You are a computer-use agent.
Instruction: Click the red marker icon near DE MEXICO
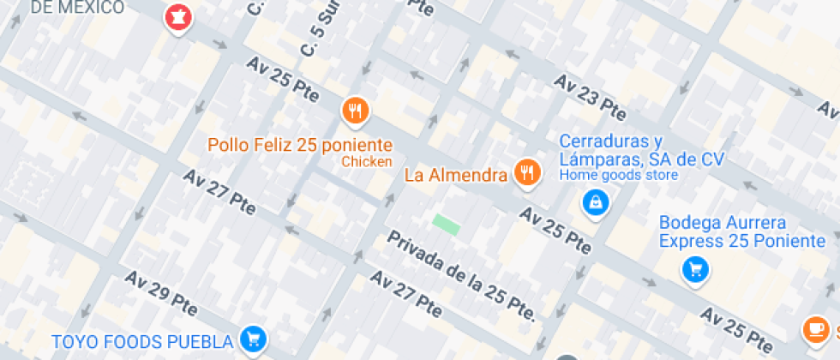point(178,17)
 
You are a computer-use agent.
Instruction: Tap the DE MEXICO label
point(77,8)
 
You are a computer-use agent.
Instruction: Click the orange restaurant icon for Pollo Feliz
point(355,110)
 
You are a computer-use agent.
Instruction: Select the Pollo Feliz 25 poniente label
point(300,145)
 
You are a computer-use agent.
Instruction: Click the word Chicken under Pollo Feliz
point(367,161)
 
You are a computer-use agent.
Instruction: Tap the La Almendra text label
point(456,176)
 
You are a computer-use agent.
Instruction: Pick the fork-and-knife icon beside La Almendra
point(526,172)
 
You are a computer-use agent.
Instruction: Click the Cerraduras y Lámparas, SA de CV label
point(642,150)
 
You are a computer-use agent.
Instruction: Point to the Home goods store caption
point(619,176)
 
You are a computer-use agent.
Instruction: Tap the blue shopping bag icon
point(593,203)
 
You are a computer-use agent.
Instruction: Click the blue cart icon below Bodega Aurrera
point(695,270)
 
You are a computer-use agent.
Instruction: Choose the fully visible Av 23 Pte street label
point(590,97)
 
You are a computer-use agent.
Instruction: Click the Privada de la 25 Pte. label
point(461,275)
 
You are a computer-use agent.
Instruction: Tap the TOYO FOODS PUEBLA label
point(142,342)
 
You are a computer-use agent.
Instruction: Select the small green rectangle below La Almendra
point(446,224)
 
